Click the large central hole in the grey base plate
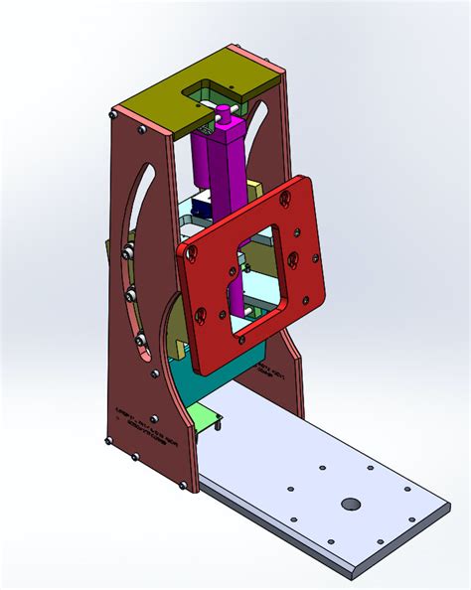(350, 504)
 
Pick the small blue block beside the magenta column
(201, 210)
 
